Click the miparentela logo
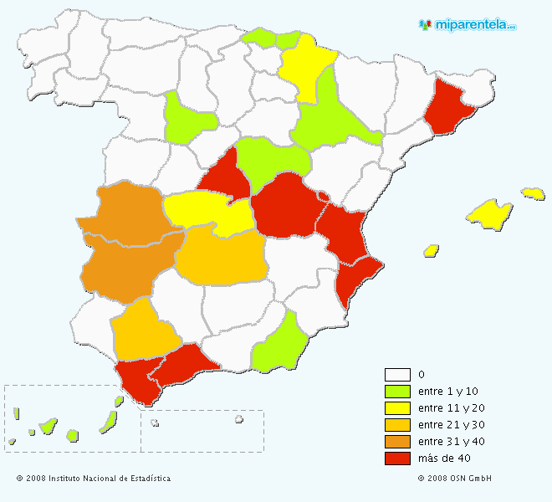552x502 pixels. pos(468,24)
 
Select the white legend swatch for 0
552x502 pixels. pos(397,375)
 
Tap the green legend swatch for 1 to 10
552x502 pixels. pos(397,392)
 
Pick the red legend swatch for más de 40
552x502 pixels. pos(397,458)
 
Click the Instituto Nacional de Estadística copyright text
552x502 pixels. pos(93,479)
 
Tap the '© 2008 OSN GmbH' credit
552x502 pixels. pos(454,479)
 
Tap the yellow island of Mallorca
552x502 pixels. pos(490,213)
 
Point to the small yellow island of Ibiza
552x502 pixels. pos(432,250)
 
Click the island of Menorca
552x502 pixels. pos(533,193)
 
